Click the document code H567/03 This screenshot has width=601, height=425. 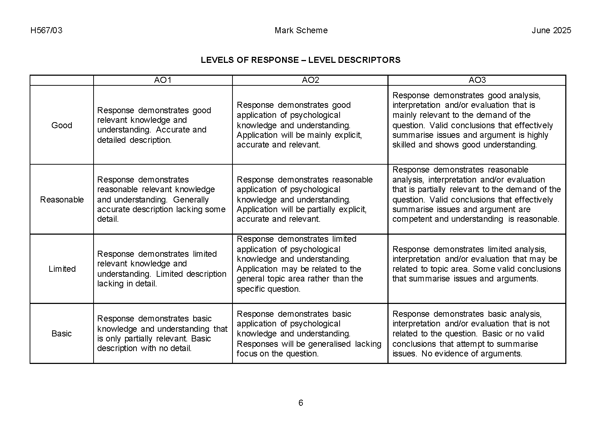46,30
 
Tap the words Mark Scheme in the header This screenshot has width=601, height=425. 301,30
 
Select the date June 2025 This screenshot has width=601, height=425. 551,30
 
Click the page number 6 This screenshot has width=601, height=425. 301,403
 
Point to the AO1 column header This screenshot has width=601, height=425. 163,80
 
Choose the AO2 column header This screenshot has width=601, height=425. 310,80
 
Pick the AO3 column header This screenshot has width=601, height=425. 477,80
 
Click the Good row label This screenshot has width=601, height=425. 62,125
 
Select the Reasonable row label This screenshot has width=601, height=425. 62,199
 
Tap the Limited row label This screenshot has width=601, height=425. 62,269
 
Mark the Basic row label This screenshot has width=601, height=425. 62,333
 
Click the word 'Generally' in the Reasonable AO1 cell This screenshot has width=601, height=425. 191,199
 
